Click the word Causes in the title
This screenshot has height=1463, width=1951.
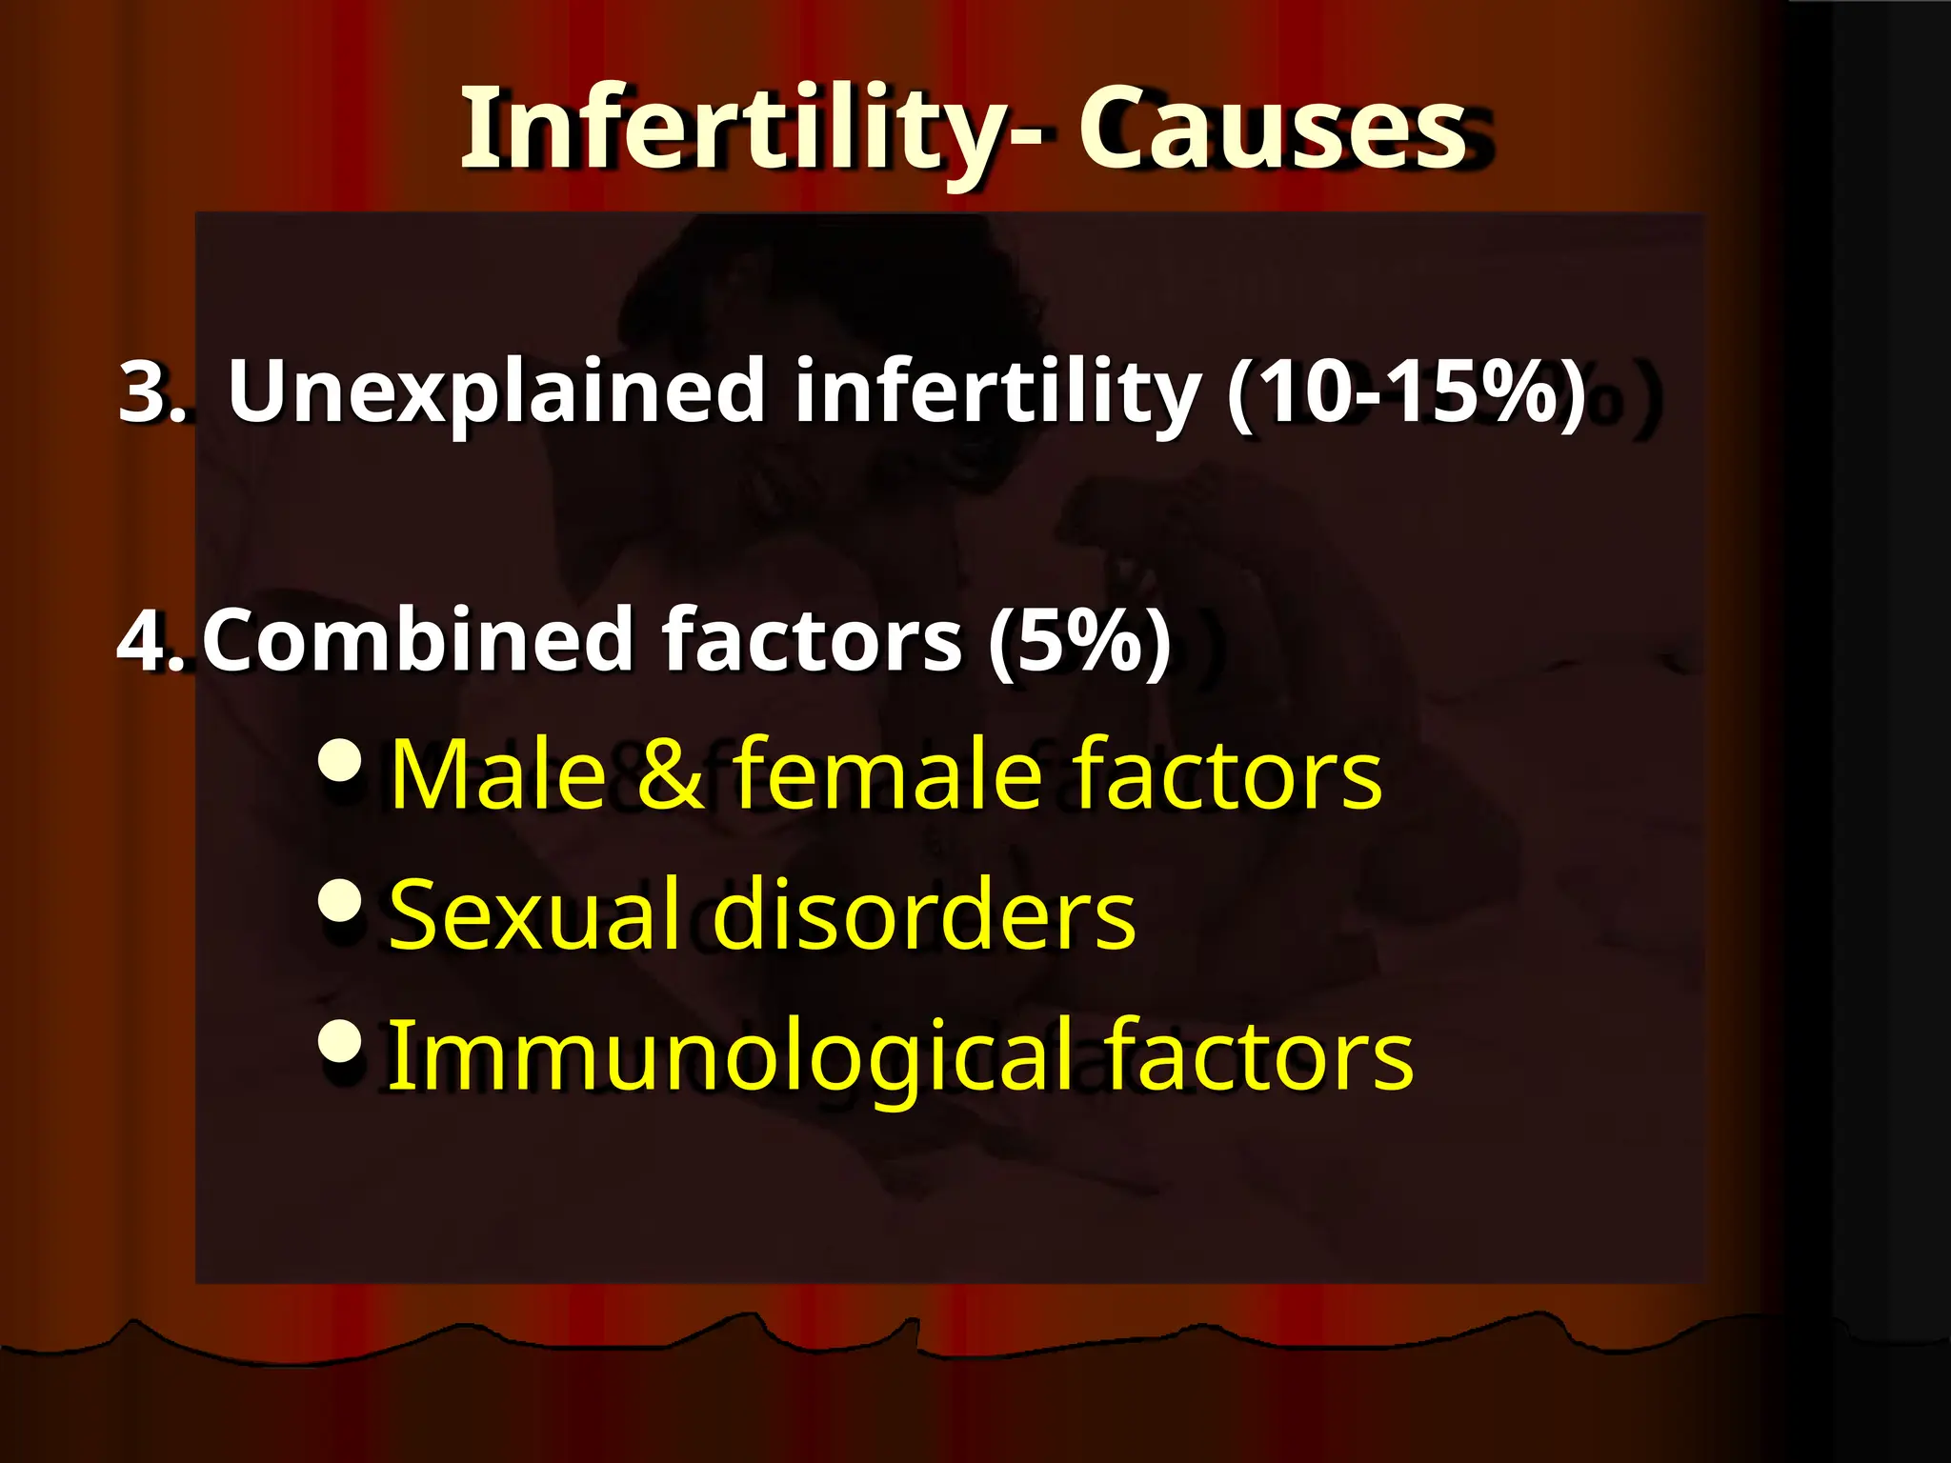tap(1272, 129)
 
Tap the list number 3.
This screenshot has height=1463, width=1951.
tap(151, 391)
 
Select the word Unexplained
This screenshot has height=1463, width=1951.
tap(496, 391)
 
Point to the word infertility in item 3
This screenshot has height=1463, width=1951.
tap(996, 391)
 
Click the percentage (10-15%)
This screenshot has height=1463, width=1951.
tap(1406, 391)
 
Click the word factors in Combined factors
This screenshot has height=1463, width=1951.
tap(812, 640)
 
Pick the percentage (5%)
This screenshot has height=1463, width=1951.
tap(1079, 640)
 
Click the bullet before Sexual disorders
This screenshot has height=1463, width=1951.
tap(340, 899)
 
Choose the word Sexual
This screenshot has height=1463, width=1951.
tap(534, 914)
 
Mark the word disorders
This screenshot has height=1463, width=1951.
tap(924, 914)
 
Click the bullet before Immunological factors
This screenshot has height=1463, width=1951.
tap(340, 1040)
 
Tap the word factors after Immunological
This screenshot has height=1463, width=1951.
tap(1258, 1055)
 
